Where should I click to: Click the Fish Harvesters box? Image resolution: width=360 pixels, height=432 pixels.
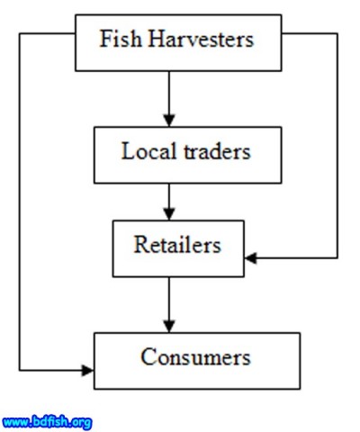[176, 42]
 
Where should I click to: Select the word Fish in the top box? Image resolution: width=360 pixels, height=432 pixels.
[117, 40]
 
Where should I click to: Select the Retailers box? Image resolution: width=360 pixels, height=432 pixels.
[177, 246]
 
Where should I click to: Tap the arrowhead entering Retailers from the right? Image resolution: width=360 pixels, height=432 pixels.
[251, 258]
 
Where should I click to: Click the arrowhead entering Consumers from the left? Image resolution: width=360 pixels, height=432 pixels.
[87, 369]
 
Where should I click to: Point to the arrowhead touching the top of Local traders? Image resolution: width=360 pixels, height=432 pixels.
[168, 120]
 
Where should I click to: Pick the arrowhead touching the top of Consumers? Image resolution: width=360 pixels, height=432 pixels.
[168, 325]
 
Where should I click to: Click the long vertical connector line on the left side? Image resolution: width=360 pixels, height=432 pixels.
[20, 198]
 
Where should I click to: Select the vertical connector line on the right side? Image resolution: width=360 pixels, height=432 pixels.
[337, 144]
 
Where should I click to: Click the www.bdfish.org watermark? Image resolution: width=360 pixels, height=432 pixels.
[47, 420]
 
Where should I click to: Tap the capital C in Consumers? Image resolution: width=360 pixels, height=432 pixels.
[148, 357]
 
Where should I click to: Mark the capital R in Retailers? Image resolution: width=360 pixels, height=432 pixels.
[141, 245]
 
